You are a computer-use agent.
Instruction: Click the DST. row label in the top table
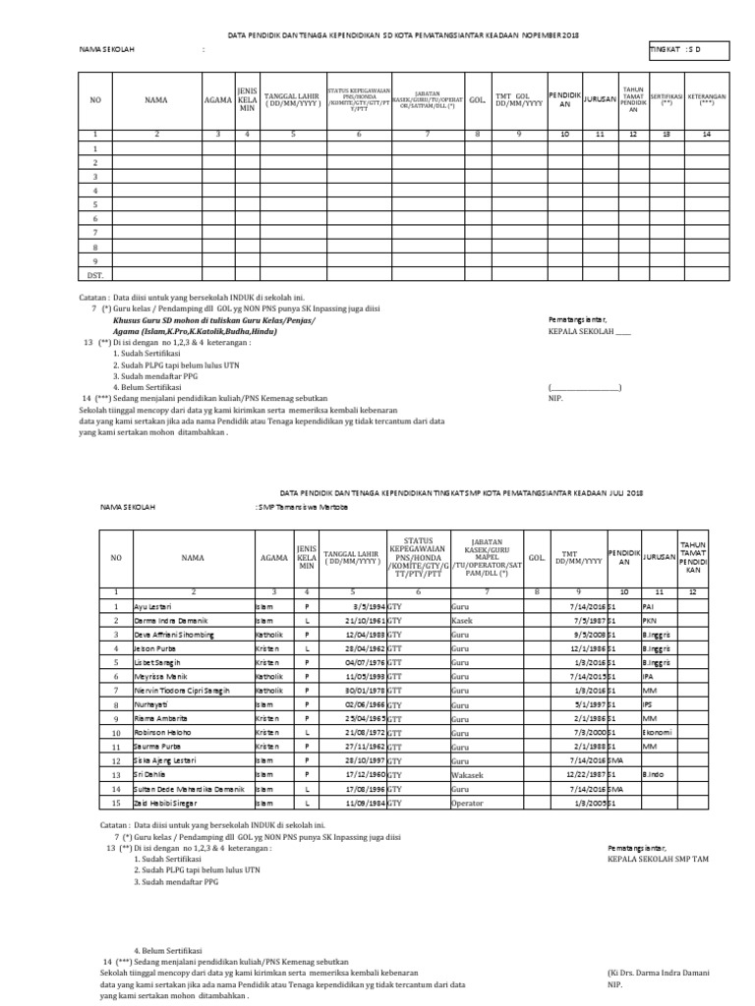coord(95,275)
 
